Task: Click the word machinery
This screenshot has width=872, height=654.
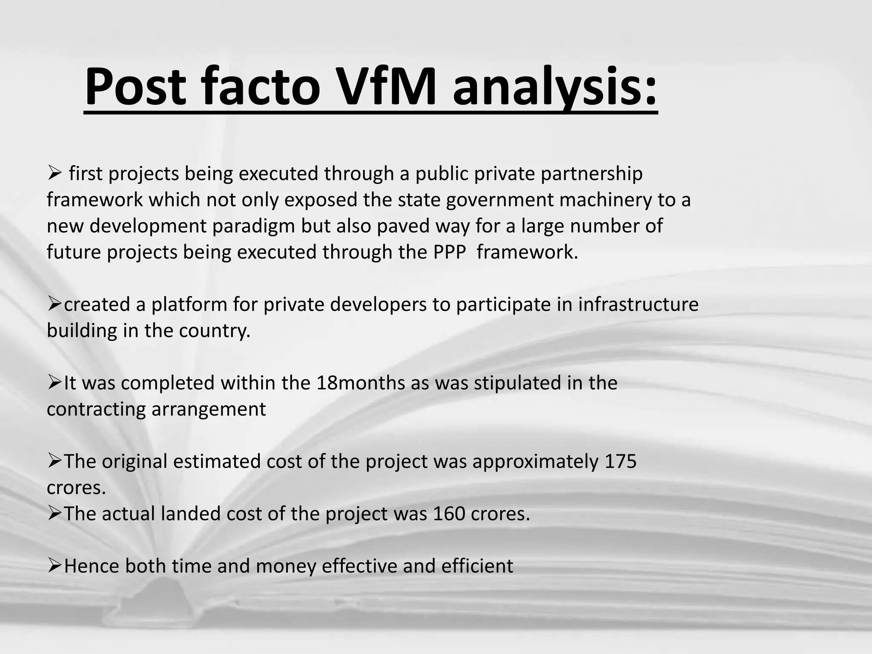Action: click(x=605, y=200)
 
